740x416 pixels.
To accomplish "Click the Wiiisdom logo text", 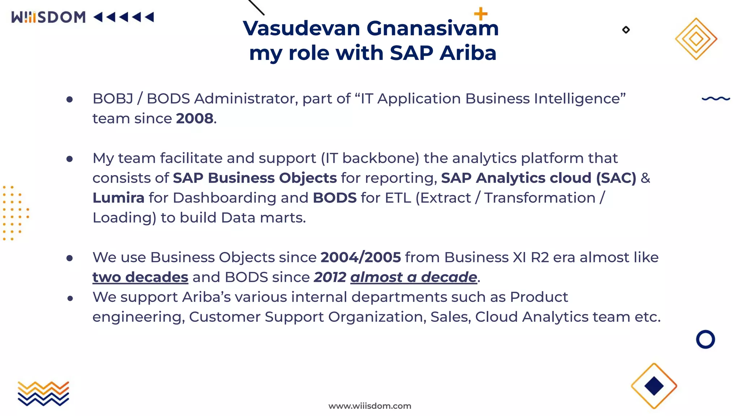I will click(48, 17).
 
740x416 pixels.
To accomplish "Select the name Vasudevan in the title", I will click(301, 28).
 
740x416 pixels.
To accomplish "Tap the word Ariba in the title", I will click(468, 53).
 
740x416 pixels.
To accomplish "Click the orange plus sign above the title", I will click(481, 14).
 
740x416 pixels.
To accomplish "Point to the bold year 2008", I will click(194, 118).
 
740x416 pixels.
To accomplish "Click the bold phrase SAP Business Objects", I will click(255, 178).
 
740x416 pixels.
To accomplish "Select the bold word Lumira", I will click(118, 198).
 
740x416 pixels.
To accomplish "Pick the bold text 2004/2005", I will click(361, 257).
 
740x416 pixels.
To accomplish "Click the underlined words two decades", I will click(140, 277).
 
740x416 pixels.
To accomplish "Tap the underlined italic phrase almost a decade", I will click(414, 277).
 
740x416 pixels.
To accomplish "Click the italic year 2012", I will click(330, 277).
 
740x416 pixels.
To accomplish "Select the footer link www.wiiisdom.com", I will click(370, 406).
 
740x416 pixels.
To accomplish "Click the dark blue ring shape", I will click(705, 339).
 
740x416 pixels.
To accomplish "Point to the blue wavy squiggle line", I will click(716, 98).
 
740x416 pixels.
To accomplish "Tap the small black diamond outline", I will click(626, 30).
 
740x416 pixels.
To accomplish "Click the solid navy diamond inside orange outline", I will click(654, 386).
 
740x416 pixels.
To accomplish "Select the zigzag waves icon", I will click(43, 393).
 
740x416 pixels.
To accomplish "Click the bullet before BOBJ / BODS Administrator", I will click(70, 99).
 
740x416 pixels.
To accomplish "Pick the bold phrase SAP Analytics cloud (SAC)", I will click(538, 178).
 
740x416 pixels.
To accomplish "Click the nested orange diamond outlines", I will click(696, 39).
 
